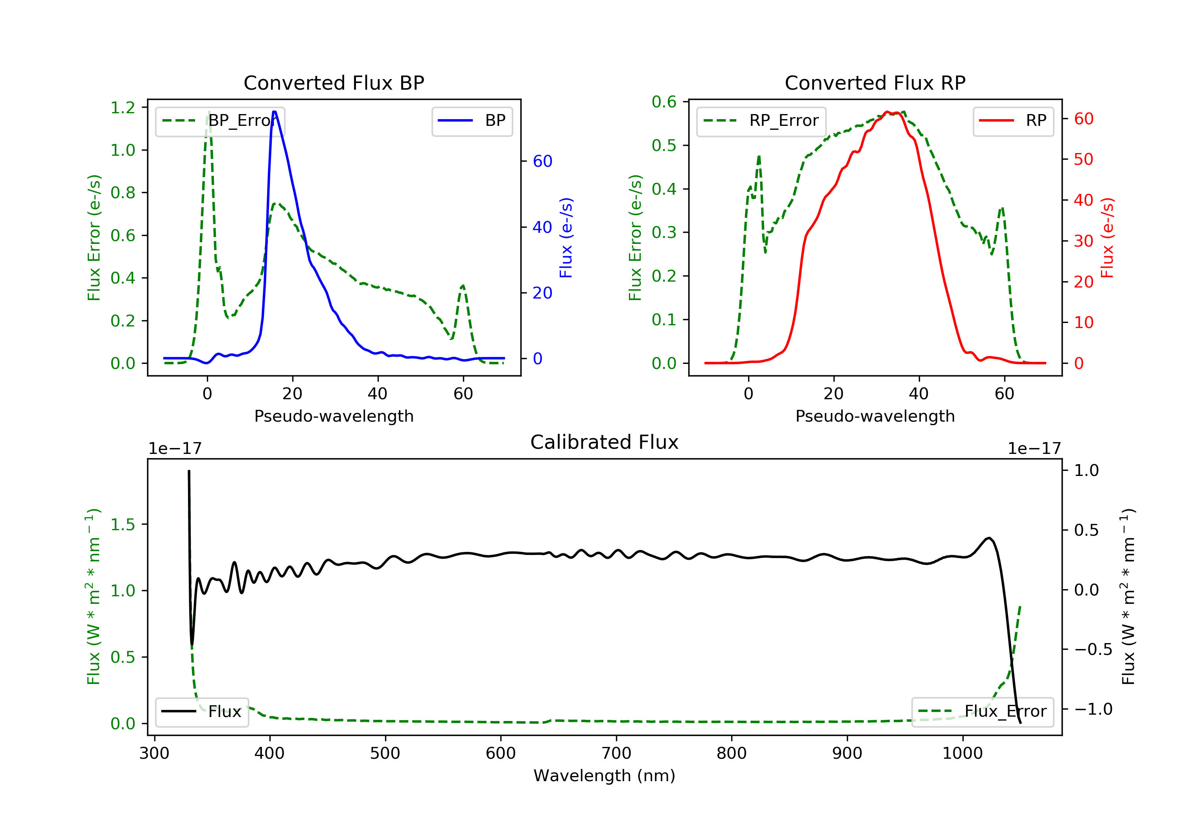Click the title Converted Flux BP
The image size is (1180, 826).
334,83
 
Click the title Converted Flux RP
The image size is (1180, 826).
875,83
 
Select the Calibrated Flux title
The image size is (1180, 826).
605,442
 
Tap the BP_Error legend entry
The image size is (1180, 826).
219,121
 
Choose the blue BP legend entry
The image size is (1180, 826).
472,121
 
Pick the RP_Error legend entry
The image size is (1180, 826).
761,121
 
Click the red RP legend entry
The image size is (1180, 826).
1013,121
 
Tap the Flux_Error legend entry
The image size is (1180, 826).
982,712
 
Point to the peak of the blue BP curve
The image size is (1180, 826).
275,112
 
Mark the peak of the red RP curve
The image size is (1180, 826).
887,112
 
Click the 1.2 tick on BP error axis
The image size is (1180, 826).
123,107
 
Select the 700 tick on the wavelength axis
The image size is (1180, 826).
616,754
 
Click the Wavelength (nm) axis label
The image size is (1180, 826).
605,776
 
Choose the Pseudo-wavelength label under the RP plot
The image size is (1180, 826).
875,416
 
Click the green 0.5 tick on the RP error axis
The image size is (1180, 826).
664,146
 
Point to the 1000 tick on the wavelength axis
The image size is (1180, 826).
962,754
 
